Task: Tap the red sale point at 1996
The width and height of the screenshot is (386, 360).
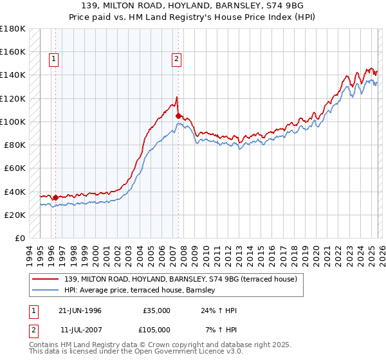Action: pyautogui.click(x=55, y=197)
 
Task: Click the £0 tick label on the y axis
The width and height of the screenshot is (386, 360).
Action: pyautogui.click(x=19, y=238)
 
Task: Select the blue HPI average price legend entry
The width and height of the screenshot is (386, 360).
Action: pyautogui.click(x=142, y=291)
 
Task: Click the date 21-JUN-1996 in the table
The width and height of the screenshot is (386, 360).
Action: pyautogui.click(x=80, y=310)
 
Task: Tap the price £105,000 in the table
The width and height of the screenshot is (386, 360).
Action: pyautogui.click(x=156, y=330)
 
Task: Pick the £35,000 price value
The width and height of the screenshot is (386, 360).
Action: pyautogui.click(x=156, y=310)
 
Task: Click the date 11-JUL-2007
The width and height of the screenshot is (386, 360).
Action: pyautogui.click(x=80, y=330)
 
